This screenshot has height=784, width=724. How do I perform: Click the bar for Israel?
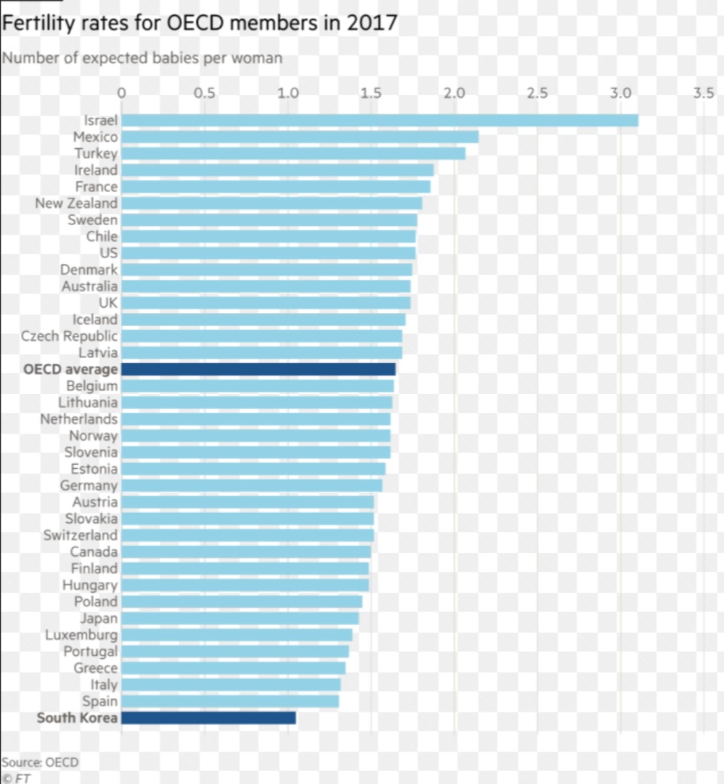pyautogui.click(x=379, y=120)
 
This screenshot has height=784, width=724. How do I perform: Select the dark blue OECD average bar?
pyautogui.click(x=258, y=369)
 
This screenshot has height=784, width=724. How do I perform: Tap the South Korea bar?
pyautogui.click(x=208, y=717)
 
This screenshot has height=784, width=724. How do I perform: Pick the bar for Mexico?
pyautogui.click(x=299, y=137)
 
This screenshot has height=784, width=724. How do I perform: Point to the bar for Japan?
pyautogui.click(x=240, y=618)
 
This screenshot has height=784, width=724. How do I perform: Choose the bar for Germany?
pyautogui.click(x=251, y=486)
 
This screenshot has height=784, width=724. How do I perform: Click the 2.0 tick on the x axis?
pyautogui.click(x=454, y=93)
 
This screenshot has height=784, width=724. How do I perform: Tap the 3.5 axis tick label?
pyautogui.click(x=703, y=93)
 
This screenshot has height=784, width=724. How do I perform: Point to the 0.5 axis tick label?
pyautogui.click(x=204, y=93)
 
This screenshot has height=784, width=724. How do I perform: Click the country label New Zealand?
pyautogui.click(x=76, y=204)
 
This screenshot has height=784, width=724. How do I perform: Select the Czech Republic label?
pyautogui.click(x=69, y=336)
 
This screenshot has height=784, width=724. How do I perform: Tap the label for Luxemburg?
pyautogui.click(x=81, y=635)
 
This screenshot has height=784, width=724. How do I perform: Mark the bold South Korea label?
pyautogui.click(x=77, y=718)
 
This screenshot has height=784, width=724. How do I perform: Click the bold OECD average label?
pyautogui.click(x=70, y=370)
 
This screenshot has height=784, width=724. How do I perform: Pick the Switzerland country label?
pyautogui.click(x=80, y=535)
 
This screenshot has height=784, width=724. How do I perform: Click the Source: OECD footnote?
pyautogui.click(x=40, y=762)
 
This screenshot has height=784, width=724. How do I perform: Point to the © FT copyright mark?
pyautogui.click(x=16, y=778)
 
